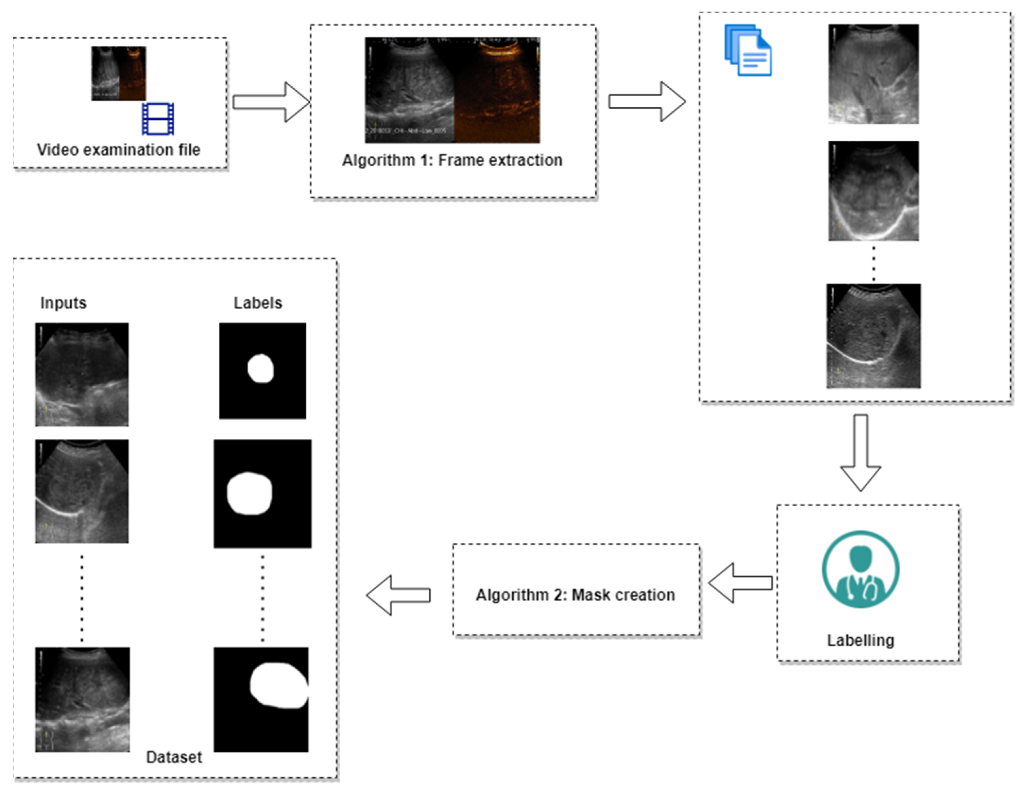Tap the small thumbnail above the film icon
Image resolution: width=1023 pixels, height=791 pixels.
tap(118, 73)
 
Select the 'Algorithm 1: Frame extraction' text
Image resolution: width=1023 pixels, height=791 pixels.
tap(452, 160)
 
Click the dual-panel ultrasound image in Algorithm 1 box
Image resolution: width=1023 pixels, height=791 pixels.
tap(452, 90)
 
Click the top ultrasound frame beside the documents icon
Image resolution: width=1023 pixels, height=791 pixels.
tap(873, 74)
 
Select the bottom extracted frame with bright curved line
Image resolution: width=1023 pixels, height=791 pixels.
tap(873, 336)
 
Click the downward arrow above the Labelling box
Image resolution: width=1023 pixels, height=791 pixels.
tap(861, 452)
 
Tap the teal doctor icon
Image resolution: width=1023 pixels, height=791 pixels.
tap(861, 569)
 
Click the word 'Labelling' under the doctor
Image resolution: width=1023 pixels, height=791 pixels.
tap(861, 640)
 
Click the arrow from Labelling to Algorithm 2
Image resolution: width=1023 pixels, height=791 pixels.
tap(740, 583)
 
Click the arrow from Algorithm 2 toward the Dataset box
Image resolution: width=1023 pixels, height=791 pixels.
tap(398, 595)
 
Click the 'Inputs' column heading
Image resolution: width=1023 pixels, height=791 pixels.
tap(63, 303)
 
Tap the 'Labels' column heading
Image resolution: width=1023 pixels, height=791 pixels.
tap(258, 303)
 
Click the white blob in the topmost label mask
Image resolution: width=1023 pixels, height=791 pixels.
tap(261, 368)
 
